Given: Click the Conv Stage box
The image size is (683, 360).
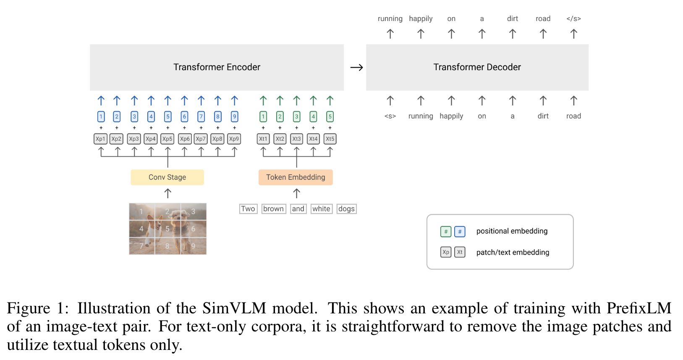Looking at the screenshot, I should pyautogui.click(x=167, y=177).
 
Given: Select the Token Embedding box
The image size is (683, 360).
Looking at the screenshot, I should pyautogui.click(x=296, y=177).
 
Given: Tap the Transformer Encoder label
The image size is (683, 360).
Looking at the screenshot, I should pyautogui.click(x=217, y=67).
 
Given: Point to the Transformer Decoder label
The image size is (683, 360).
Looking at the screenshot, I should pyautogui.click(x=477, y=67).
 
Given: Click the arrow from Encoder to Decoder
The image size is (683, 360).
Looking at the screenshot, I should pyautogui.click(x=356, y=68).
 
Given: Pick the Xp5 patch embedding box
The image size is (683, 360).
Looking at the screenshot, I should pyautogui.click(x=167, y=139).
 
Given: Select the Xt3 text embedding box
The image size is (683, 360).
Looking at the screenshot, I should pyautogui.click(x=296, y=139).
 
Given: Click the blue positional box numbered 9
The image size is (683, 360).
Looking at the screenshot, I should pyautogui.click(x=234, y=116).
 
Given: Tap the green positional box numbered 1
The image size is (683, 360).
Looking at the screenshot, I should pyautogui.click(x=263, y=116).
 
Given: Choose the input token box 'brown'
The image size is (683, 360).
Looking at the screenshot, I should pyautogui.click(x=274, y=209).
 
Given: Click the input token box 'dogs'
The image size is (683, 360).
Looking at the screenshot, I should pyautogui.click(x=346, y=209).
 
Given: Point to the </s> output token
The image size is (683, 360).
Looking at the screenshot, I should pyautogui.click(x=573, y=18).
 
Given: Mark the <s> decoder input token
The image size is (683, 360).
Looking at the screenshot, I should pyautogui.click(x=390, y=116).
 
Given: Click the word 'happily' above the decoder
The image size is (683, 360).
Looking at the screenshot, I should pyautogui.click(x=421, y=18).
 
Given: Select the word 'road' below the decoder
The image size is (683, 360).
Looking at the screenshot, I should pyautogui.click(x=573, y=116).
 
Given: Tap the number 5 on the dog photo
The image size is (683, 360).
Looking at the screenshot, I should pyautogui.click(x=167, y=229).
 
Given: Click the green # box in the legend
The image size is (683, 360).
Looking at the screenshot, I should pyautogui.click(x=446, y=231).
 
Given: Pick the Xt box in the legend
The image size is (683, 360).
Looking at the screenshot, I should pyautogui.click(x=460, y=252).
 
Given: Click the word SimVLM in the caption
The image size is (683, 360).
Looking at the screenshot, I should pyautogui.click(x=234, y=308).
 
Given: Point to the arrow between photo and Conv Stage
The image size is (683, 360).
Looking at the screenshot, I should pyautogui.click(x=167, y=193).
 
